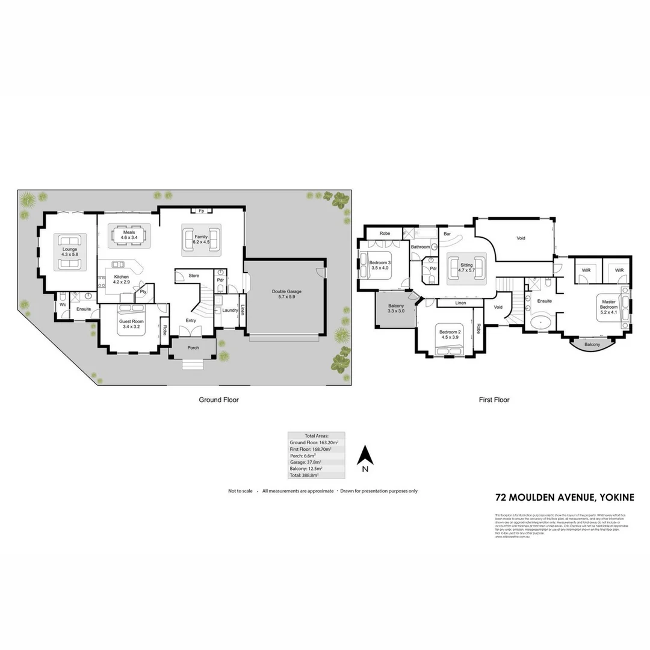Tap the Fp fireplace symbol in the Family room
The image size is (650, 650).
point(201,211)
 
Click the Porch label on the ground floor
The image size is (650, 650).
point(193,347)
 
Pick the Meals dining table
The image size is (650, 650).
point(129,235)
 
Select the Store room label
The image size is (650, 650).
point(194,276)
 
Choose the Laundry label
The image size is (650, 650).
point(229,311)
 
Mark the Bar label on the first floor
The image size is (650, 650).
point(447,234)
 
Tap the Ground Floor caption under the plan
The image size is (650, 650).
point(219,399)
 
